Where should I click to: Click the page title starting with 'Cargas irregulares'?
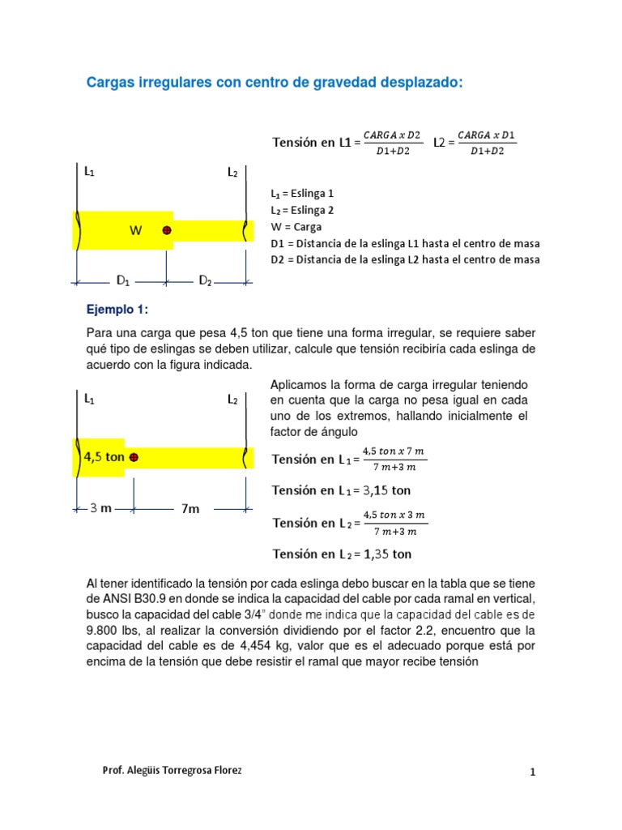point(275,83)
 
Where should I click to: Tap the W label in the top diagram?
point(136,230)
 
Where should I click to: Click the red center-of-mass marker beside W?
point(167,230)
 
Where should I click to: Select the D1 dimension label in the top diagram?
point(123,281)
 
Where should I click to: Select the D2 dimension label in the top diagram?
point(206,281)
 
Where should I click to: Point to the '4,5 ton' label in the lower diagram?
point(104,456)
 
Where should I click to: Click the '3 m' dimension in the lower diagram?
point(100,508)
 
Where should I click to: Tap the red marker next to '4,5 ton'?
point(134,457)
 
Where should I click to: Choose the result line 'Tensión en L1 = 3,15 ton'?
point(341,490)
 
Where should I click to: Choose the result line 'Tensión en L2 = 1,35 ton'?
point(341,554)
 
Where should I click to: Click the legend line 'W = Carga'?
point(296,227)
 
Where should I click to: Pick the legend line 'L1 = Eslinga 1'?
point(302,194)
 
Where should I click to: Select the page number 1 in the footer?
point(533,772)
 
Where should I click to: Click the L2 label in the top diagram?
point(232,173)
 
